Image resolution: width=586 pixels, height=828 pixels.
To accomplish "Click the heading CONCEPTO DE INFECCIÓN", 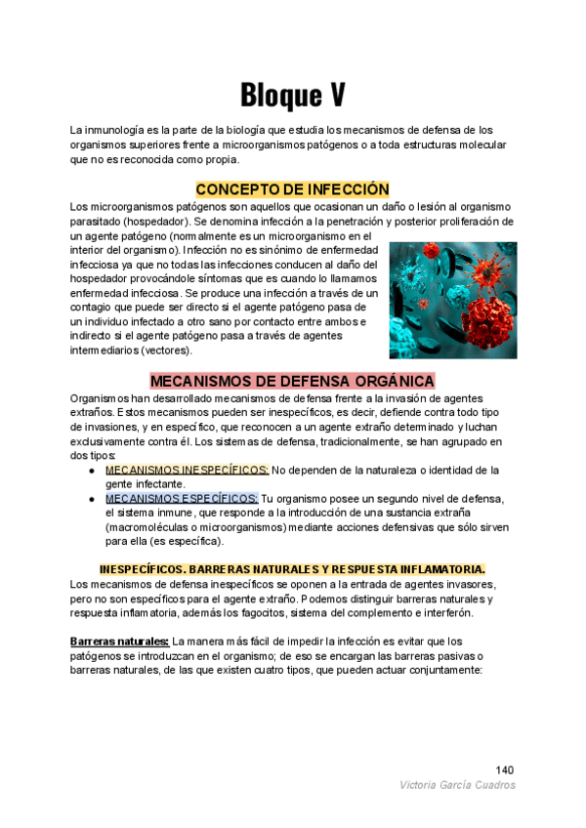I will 292,188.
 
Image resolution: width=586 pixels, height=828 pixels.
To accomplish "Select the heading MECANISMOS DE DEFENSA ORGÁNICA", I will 292,380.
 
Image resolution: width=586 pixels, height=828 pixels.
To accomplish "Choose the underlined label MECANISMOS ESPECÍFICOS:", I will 182,498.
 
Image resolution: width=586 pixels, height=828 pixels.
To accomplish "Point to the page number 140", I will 505,768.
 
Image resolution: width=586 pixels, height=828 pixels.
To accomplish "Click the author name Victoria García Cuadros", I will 457,785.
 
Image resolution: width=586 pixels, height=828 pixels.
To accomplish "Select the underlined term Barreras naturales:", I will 119,641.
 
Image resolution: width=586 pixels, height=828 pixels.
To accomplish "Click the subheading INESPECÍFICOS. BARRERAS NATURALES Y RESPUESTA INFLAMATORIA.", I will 292,569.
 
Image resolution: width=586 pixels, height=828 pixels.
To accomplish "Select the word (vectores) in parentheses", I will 166,350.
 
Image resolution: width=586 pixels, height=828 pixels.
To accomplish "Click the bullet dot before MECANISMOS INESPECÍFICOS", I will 91,470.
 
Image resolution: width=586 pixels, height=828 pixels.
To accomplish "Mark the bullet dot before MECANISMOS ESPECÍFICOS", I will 91,498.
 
